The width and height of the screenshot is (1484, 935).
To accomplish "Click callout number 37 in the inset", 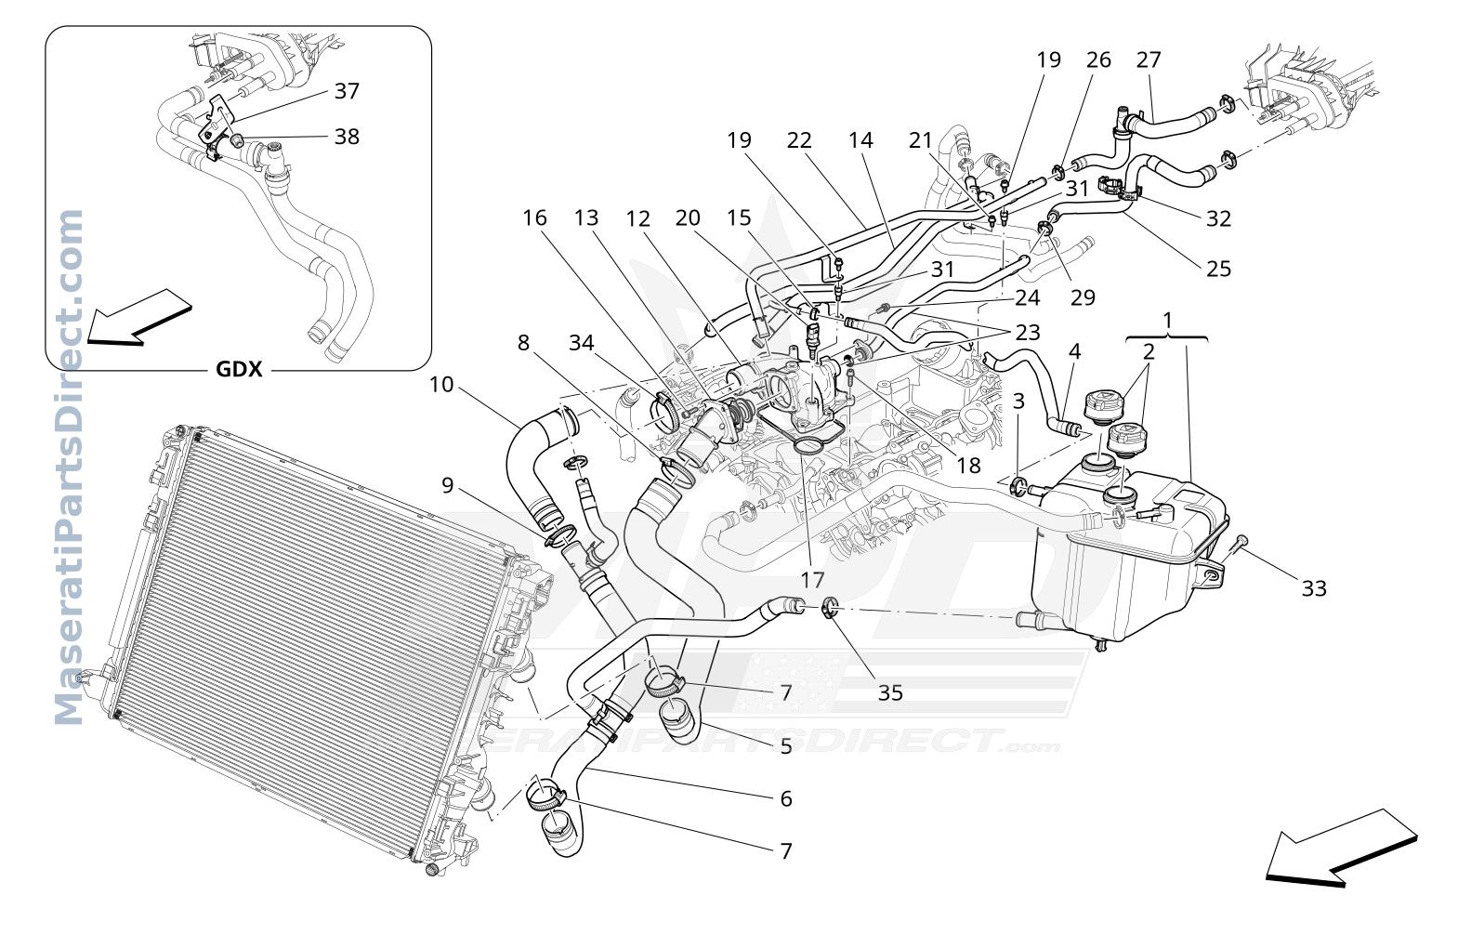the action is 347,91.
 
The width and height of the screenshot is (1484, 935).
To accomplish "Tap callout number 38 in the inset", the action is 347,137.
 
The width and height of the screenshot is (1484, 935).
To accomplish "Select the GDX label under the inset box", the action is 239,369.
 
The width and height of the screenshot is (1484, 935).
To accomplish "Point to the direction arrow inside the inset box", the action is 139,318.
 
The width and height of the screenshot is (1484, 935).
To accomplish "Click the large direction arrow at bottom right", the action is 1341,848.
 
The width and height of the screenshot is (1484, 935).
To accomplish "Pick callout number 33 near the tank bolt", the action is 1314,588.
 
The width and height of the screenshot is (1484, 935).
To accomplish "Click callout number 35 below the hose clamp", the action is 890,692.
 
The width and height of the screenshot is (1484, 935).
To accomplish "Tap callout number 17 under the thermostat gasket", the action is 811,580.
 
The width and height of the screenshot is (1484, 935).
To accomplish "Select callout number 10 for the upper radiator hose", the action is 441,385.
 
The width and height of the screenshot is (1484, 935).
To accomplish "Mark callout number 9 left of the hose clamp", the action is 448,486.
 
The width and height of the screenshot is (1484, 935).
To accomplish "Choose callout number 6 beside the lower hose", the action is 786,799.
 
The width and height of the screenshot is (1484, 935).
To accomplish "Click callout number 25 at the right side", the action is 1218,269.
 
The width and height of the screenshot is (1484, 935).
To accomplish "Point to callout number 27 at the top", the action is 1149,59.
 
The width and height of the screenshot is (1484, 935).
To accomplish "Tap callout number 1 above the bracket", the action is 1168,321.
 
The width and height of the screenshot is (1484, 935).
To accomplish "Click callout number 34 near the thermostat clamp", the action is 582,343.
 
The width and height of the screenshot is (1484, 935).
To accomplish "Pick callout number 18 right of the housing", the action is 968,466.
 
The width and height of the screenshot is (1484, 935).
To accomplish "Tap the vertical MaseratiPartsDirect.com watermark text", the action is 69,467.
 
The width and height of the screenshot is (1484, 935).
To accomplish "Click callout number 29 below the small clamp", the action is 1083,297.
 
